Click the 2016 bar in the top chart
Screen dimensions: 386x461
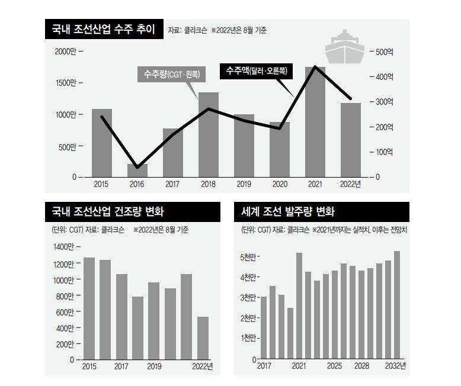click(x=137, y=171)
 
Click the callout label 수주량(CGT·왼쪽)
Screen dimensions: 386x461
click(x=171, y=75)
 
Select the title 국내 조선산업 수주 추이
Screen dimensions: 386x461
click(x=99, y=30)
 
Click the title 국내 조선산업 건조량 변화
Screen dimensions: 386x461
click(x=107, y=211)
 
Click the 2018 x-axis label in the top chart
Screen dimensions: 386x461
click(x=209, y=185)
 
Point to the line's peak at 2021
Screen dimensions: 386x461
click(x=315, y=67)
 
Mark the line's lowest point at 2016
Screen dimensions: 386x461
click(x=137, y=168)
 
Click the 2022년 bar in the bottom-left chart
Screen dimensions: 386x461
click(x=203, y=338)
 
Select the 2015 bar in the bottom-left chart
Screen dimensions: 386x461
click(x=89, y=308)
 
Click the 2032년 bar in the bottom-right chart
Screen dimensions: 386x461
click(x=396, y=305)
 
